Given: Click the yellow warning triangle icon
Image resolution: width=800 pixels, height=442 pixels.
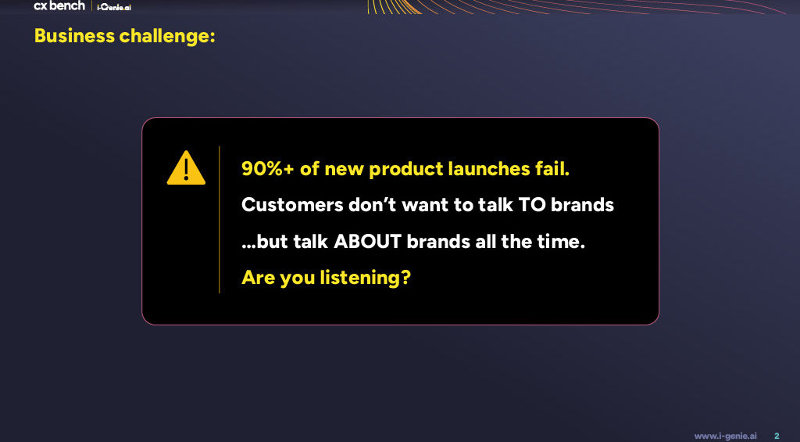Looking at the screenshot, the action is coord(186,169).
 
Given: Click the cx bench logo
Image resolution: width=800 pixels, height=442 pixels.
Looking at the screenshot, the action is coord(59,5).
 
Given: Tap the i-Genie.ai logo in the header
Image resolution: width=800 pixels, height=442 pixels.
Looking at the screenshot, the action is coord(114,7).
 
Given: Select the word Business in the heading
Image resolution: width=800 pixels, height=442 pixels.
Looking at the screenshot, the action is coord(74,36).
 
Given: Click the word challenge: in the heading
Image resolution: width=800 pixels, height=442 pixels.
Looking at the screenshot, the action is coord(167,36).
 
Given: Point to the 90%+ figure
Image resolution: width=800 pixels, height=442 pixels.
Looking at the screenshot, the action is coord(268,169).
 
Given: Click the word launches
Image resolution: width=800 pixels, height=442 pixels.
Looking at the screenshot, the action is coord(489,169).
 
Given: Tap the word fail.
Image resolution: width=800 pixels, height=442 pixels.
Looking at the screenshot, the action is coord(552,169).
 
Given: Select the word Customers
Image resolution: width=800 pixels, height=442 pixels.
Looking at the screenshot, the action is coord(292,205).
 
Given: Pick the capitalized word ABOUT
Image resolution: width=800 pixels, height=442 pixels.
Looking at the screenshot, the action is coord(368,241).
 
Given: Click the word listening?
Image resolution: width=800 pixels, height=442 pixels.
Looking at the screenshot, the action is coord(366,278).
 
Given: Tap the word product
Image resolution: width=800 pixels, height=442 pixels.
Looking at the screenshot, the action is coord(405,169).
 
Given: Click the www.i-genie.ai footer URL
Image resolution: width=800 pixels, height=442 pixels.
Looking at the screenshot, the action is coord(726,436).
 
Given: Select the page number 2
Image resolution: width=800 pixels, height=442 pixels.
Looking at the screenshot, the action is coord(777,436).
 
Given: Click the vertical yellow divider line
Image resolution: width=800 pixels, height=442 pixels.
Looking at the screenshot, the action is coord(220,220).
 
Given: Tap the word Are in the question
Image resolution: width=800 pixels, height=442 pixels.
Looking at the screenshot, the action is coord(259,278).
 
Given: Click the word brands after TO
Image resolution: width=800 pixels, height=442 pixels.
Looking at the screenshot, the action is coord(582,205).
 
